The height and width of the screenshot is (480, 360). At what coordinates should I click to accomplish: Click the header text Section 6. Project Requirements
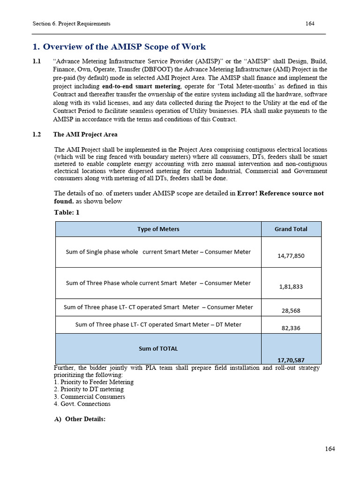tap(71, 23)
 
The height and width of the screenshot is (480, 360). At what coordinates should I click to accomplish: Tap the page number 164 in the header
tap(310, 23)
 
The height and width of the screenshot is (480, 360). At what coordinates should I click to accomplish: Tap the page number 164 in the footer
tap(330, 449)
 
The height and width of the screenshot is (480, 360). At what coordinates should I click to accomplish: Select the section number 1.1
tap(37, 62)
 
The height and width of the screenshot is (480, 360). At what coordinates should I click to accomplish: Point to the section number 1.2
tap(37, 135)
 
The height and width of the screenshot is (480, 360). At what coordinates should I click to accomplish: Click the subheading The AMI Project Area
tap(85, 135)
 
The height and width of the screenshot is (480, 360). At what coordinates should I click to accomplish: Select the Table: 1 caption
tap(67, 212)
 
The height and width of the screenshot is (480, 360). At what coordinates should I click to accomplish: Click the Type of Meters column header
tap(158, 229)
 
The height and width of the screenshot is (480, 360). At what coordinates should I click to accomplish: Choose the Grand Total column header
tap(291, 229)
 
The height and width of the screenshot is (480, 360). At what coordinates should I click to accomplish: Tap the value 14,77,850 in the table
tap(291, 255)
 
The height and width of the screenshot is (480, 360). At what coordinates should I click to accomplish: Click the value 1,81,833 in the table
tap(291, 286)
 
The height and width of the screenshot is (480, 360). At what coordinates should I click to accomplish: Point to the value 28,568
tap(291, 310)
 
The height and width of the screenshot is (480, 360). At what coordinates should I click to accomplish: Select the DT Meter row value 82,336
tap(291, 328)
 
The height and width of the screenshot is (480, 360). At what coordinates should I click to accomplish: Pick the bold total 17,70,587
tap(291, 360)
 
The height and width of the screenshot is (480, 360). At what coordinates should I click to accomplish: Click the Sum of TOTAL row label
tap(158, 348)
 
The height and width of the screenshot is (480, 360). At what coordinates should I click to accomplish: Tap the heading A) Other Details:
tap(80, 419)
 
